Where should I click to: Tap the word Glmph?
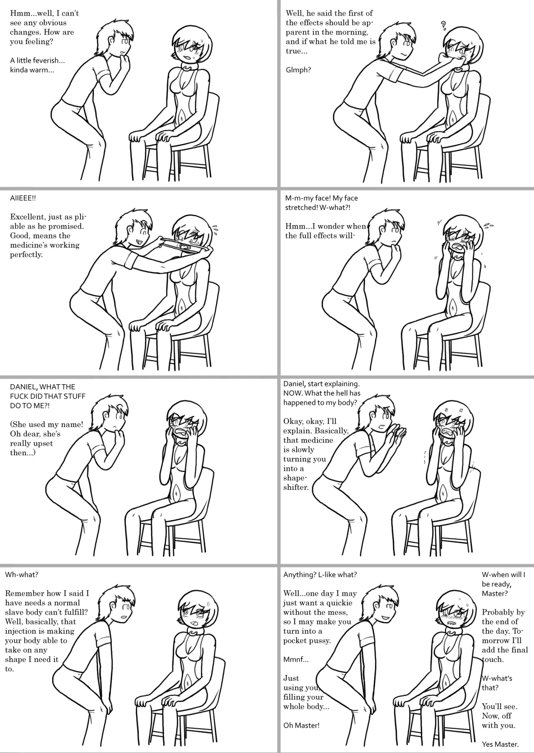pyautogui.click(x=298, y=70)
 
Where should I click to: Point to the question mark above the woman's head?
pyautogui.click(x=443, y=26)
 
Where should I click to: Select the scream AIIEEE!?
pyautogui.click(x=23, y=198)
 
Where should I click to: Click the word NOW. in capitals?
pyautogui.click(x=293, y=393)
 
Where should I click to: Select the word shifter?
pyautogui.click(x=296, y=487)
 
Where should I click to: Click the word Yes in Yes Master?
pyautogui.click(x=488, y=744)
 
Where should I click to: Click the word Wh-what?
pyautogui.click(x=22, y=574)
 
